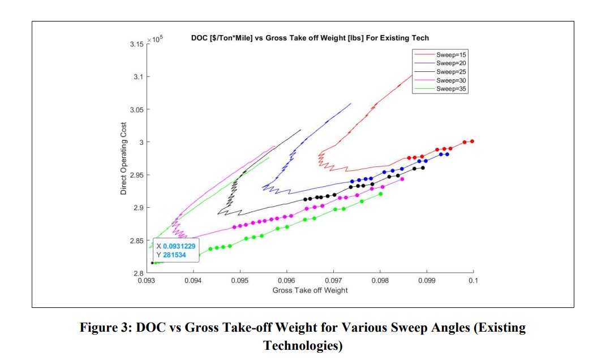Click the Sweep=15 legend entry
[x=451, y=54]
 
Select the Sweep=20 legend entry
[x=451, y=63]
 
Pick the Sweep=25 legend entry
[x=451, y=72]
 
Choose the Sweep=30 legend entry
[x=451, y=80]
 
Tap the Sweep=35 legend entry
[x=451, y=89]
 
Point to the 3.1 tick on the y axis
[x=138, y=76]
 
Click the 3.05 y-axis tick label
[x=136, y=109]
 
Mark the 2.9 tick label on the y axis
[x=138, y=208]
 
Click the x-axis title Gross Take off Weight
[x=310, y=290]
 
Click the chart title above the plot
[x=310, y=38]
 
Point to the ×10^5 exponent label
[x=155, y=40]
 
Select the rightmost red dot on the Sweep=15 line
[x=472, y=142]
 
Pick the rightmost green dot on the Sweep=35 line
[x=380, y=194]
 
